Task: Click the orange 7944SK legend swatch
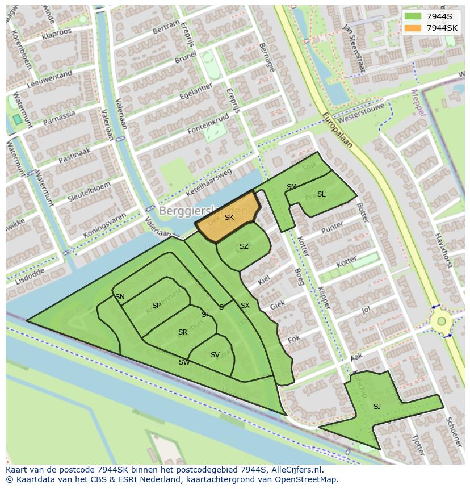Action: coord(413,28)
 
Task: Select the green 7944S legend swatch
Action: coord(413,16)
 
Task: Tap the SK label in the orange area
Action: coord(229,218)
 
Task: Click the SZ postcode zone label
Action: coord(244,246)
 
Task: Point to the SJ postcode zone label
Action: coord(377,406)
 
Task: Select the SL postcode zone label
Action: coord(321,194)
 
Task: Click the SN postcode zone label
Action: coord(120,297)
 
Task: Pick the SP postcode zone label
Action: coord(156,306)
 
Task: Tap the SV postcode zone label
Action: coord(215,355)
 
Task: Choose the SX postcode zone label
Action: coord(245,306)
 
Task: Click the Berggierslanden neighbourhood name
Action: coord(203,211)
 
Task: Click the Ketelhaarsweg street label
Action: coord(212,177)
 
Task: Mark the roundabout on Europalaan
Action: coord(441,322)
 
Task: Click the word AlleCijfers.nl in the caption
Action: coord(296,470)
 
